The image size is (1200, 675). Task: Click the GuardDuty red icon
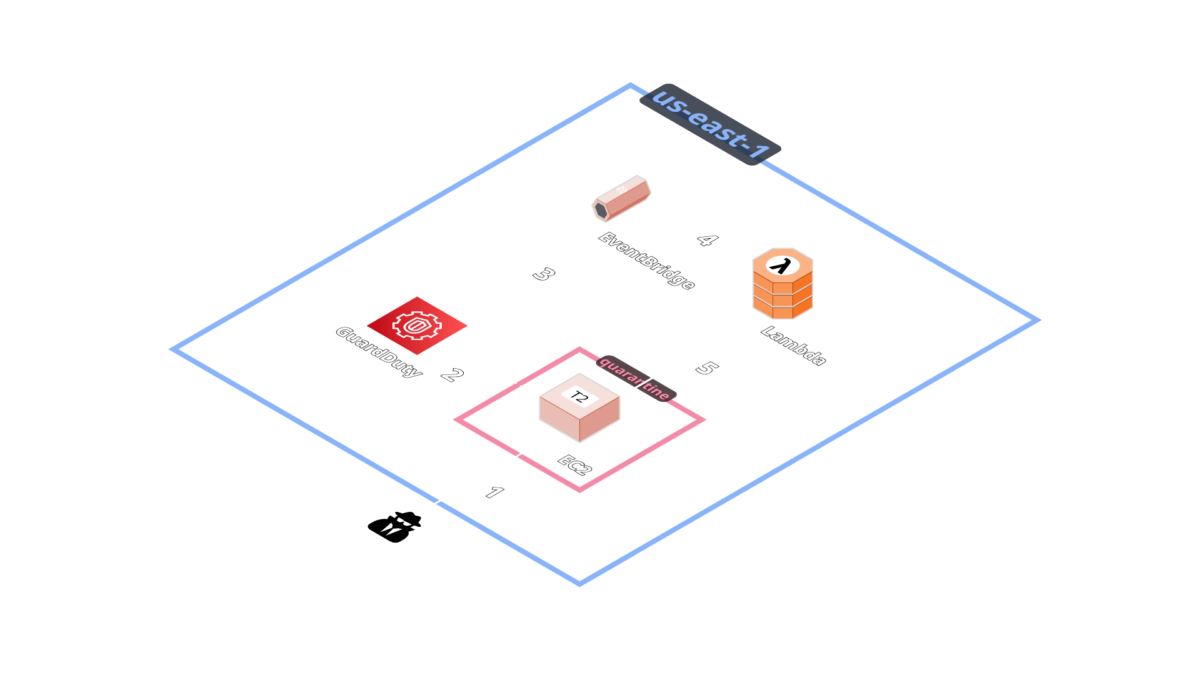[417, 326]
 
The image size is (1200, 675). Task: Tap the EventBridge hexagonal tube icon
[621, 198]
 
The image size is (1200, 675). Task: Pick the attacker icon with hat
[397, 525]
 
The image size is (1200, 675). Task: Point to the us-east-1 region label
[710, 124]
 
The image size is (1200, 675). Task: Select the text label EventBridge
[646, 261]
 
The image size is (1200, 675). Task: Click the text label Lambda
[793, 346]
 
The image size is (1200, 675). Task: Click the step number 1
[494, 492]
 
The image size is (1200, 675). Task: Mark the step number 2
[452, 375]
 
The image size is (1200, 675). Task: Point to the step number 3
[544, 274]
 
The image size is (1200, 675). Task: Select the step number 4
[707, 240]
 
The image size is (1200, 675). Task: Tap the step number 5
[706, 368]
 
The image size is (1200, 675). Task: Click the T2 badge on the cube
[579, 397]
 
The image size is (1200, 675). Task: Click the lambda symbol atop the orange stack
[779, 266]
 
